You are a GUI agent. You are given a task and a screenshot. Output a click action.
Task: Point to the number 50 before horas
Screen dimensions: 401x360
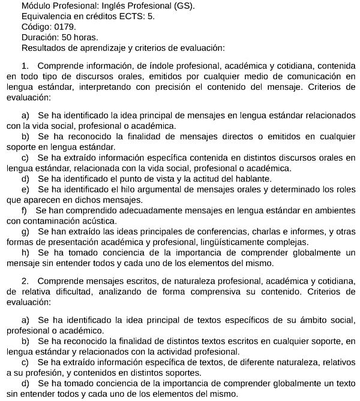point(70,37)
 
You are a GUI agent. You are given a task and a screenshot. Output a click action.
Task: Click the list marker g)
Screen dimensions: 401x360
point(25,231)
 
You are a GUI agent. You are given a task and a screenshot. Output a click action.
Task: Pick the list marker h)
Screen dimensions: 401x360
point(25,252)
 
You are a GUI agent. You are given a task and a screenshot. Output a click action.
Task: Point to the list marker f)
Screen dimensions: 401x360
point(24,210)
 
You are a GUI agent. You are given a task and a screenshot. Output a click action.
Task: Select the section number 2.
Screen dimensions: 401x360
point(25,281)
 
